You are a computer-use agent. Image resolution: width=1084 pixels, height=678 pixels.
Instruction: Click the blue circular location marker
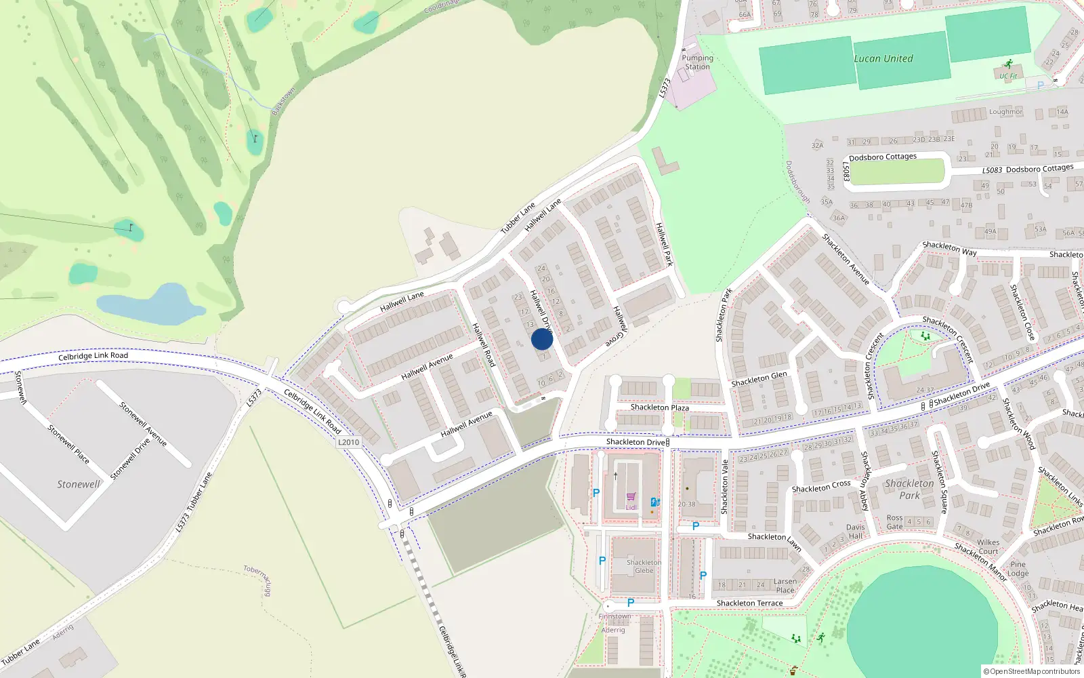[542, 339]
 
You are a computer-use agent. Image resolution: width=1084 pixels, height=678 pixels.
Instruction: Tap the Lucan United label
[883, 58]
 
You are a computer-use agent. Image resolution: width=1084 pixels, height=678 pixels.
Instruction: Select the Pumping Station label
[697, 62]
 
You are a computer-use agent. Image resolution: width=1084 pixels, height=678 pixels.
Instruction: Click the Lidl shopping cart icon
[631, 497]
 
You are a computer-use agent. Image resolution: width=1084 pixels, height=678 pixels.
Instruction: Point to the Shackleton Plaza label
[659, 407]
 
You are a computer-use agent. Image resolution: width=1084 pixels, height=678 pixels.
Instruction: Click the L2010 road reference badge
[348, 442]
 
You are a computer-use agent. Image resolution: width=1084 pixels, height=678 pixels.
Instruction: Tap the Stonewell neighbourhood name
[78, 484]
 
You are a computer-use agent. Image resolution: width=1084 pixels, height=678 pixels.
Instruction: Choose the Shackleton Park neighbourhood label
[909, 489]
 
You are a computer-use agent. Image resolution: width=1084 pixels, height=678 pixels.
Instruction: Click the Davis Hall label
[855, 531]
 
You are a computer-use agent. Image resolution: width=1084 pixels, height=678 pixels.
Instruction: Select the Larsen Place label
[785, 585]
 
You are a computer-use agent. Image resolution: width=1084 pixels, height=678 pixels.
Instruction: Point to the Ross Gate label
[894, 521]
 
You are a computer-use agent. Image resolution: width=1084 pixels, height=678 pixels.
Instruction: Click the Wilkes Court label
[988, 546]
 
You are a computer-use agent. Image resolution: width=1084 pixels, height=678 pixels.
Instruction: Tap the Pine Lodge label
[1018, 568]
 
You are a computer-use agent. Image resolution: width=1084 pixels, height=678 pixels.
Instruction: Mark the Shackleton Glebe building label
[644, 566]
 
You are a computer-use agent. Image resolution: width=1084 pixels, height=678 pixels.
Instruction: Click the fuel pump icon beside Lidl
[655, 502]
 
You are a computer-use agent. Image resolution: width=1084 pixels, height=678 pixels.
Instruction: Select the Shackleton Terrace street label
[749, 603]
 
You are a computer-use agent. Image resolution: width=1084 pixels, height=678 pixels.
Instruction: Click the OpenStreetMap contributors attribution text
[1032, 671]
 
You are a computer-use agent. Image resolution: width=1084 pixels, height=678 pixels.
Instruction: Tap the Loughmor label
[1005, 111]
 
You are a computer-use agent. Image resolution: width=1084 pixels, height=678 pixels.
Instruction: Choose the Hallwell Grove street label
[619, 327]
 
